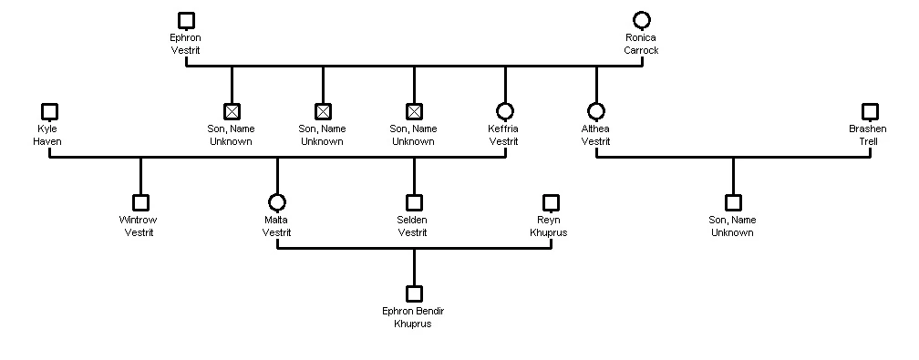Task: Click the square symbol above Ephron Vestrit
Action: click(x=186, y=20)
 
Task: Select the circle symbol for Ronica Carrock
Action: click(x=642, y=20)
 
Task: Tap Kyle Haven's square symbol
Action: click(x=49, y=111)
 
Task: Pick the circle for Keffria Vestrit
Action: click(x=505, y=111)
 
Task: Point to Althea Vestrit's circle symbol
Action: click(x=596, y=111)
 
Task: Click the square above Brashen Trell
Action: click(x=870, y=111)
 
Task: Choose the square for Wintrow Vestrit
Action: click(x=140, y=202)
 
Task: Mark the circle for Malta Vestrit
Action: click(x=277, y=202)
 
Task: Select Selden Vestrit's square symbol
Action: click(x=414, y=202)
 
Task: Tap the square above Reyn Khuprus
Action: click(x=551, y=202)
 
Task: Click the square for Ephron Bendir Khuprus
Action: click(x=414, y=293)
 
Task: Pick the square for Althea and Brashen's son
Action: click(x=733, y=202)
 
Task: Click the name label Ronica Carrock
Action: click(x=641, y=44)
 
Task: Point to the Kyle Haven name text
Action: click(x=47, y=135)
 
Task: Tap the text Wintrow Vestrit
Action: click(x=139, y=226)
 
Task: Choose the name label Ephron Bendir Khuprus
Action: click(x=413, y=317)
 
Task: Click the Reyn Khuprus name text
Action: click(x=549, y=226)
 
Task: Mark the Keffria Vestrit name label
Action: click(x=503, y=135)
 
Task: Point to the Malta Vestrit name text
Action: click(x=276, y=226)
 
